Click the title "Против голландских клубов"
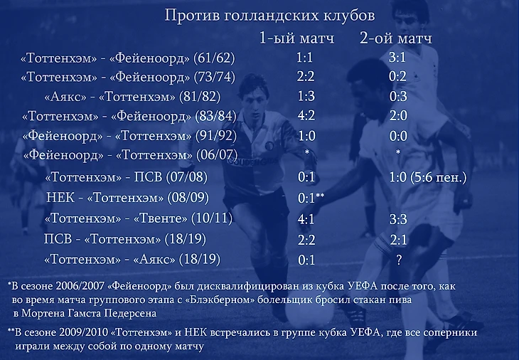click(269, 16)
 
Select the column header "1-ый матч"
click(296, 38)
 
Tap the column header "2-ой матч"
click(396, 38)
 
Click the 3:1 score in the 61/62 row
click(397, 58)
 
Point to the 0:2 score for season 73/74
click(397, 77)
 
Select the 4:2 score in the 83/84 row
click(306, 115)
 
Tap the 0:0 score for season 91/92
click(398, 136)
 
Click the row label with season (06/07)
click(130, 155)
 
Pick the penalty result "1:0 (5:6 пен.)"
click(428, 177)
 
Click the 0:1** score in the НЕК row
click(311, 197)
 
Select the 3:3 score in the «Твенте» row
click(398, 219)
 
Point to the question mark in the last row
click(399, 260)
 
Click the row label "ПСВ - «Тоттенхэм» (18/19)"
click(125, 239)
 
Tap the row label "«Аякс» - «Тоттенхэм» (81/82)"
click(132, 97)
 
